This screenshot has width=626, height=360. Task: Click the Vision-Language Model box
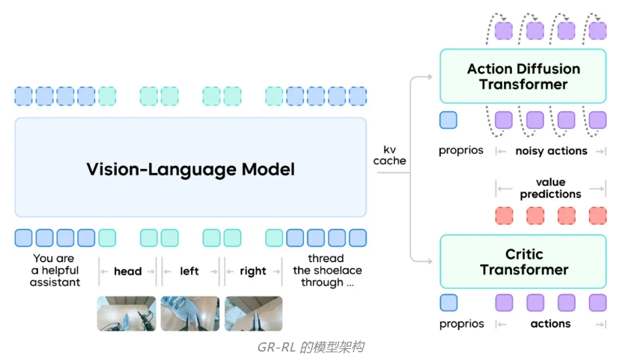(190, 167)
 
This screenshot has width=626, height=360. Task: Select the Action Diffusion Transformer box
(523, 76)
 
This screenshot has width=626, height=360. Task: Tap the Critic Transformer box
(523, 262)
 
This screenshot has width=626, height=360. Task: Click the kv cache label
(390, 155)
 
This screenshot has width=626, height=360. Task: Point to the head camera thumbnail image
(127, 313)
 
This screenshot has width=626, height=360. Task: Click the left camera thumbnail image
(190, 313)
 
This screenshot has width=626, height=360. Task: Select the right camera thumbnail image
(254, 313)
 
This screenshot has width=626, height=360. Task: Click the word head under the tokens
(128, 271)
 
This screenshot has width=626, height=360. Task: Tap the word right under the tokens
(253, 271)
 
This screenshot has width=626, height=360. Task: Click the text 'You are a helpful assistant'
(55, 270)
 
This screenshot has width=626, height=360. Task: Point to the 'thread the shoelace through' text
(327, 270)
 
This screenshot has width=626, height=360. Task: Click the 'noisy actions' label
(552, 151)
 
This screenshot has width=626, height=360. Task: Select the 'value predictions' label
(550, 188)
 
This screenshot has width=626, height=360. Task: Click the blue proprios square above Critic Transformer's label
(449, 303)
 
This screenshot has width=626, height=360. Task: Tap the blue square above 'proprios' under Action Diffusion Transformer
(449, 120)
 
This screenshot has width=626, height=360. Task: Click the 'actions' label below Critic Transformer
(550, 323)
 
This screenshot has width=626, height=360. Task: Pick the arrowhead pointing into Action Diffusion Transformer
(430, 76)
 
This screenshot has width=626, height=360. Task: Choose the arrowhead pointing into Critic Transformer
(430, 262)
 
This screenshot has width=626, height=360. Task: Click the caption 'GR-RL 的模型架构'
(310, 347)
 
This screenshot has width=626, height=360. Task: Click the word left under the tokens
(189, 271)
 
